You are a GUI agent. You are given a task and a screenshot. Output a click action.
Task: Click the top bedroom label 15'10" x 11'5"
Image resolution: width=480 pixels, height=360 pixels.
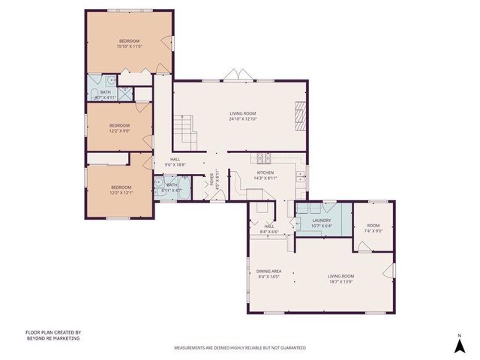pyautogui.click(x=129, y=43)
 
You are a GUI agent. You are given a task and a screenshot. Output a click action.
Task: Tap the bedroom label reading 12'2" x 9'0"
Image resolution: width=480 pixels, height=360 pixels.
pyautogui.click(x=119, y=128)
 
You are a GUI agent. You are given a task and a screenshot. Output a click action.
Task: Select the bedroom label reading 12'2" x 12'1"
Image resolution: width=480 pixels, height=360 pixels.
pyautogui.click(x=121, y=190)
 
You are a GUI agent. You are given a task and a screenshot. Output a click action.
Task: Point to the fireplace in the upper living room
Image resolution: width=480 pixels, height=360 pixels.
pyautogui.click(x=299, y=116)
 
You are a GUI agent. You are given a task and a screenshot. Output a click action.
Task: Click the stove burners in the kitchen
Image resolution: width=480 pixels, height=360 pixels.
pyautogui.click(x=263, y=157)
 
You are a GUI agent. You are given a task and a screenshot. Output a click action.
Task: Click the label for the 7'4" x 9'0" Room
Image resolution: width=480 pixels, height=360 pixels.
pyautogui.click(x=373, y=228)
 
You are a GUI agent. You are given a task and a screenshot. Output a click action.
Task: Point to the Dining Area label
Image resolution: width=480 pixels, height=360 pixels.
pyautogui.click(x=269, y=274)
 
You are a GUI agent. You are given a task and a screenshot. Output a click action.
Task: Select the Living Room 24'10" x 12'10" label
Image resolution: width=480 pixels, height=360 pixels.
pyautogui.click(x=242, y=116)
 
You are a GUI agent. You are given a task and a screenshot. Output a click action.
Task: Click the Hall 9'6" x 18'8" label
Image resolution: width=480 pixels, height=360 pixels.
pyautogui.click(x=175, y=162)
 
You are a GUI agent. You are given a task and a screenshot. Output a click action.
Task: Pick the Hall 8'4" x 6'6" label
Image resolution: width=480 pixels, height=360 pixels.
pyautogui.click(x=269, y=229)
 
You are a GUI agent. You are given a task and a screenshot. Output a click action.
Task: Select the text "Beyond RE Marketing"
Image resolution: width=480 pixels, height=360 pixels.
pyautogui.click(x=52, y=338)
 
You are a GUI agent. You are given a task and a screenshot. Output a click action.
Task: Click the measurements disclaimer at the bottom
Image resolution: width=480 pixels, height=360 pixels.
pyautogui.click(x=240, y=348)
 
